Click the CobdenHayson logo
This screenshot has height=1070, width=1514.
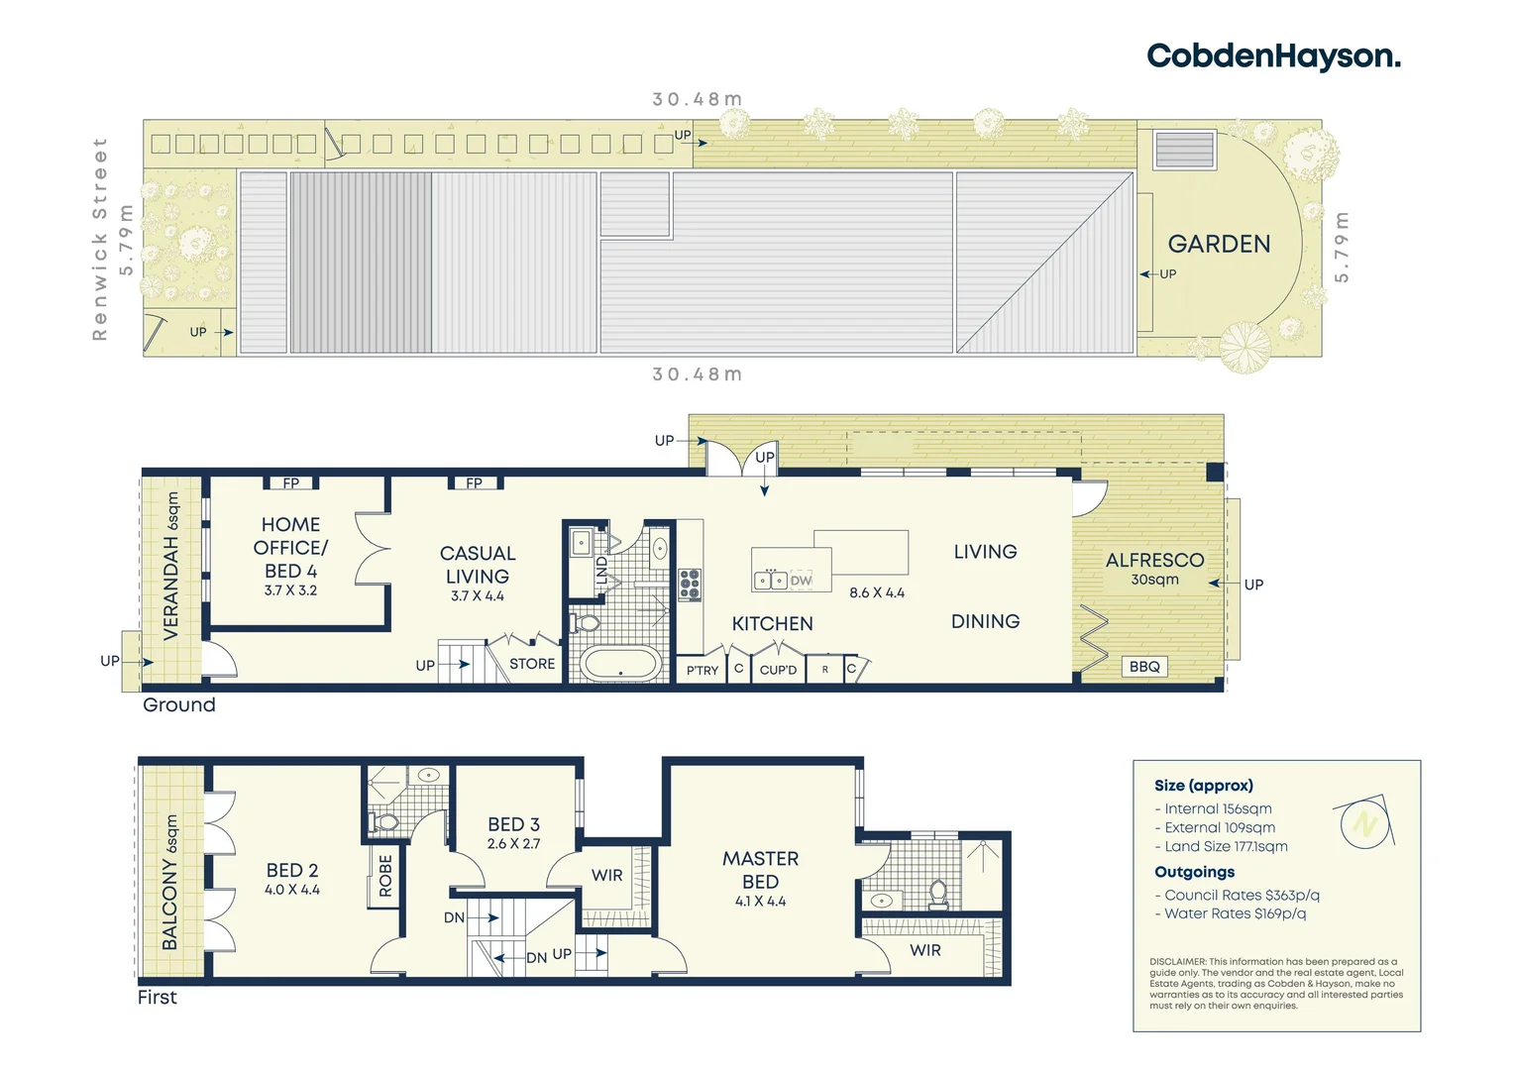click(1273, 56)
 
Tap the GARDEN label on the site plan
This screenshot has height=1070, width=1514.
click(1219, 244)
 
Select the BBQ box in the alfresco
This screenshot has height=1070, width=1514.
click(1144, 667)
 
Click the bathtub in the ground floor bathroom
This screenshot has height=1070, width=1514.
click(620, 664)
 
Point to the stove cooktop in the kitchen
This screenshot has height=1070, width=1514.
click(690, 585)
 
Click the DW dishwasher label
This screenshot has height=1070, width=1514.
click(801, 581)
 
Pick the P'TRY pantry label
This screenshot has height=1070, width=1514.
click(703, 671)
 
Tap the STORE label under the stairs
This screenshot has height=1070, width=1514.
click(532, 664)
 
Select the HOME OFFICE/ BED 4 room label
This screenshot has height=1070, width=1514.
click(290, 548)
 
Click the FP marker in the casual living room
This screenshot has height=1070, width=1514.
click(475, 483)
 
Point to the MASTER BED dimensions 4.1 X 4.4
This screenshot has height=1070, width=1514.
click(760, 902)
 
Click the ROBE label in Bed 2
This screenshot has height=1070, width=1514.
click(385, 876)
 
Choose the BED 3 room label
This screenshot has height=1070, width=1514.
click(513, 824)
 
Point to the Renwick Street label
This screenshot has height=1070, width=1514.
click(99, 240)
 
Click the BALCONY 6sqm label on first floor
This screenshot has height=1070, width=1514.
click(170, 882)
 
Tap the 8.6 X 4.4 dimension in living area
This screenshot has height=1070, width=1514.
click(877, 592)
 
